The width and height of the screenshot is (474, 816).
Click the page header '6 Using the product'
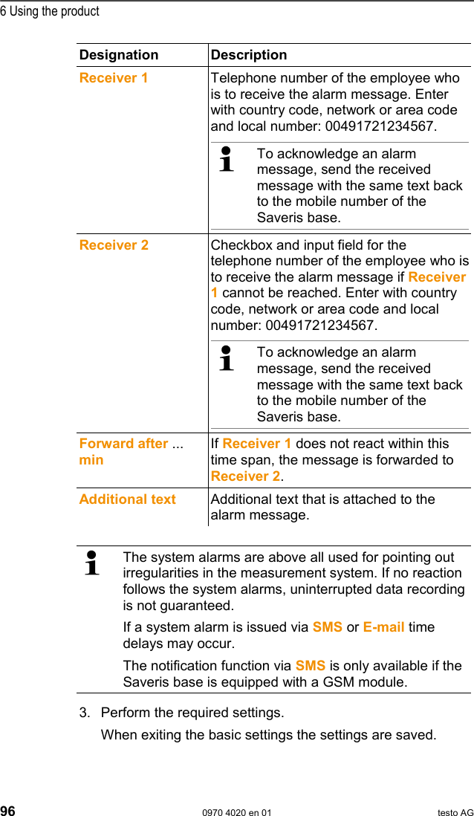(x=50, y=11)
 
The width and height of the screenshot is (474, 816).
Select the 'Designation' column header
(x=119, y=55)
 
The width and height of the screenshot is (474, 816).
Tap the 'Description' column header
(x=249, y=55)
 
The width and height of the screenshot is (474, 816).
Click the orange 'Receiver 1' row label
(x=114, y=78)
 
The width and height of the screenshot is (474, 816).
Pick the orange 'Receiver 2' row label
(x=114, y=245)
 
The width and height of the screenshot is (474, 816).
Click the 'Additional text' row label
(x=128, y=499)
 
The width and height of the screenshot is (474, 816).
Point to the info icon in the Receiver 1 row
(x=227, y=160)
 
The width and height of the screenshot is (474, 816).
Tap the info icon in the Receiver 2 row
(x=227, y=358)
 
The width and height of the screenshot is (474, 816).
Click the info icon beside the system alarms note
(x=92, y=563)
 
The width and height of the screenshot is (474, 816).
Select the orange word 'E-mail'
(x=383, y=627)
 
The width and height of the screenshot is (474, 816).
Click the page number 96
(x=8, y=811)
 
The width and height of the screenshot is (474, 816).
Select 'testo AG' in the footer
(x=455, y=812)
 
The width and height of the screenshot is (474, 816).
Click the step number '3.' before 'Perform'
(x=85, y=713)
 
